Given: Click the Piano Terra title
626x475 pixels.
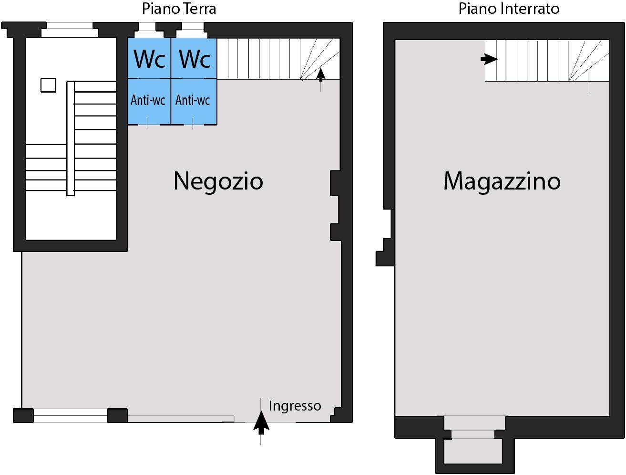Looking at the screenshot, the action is pyautogui.click(x=179, y=9).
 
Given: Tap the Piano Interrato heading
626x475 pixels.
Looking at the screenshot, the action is pyautogui.click(x=509, y=9).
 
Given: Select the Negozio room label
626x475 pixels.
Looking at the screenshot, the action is pyautogui.click(x=218, y=181).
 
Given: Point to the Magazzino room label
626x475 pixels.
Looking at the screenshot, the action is pyautogui.click(x=502, y=181).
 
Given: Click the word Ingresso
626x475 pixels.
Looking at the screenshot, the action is pyautogui.click(x=295, y=406).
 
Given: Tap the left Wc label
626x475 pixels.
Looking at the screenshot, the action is pyautogui.click(x=149, y=59).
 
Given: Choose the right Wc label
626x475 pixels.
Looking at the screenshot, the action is pyautogui.click(x=195, y=59).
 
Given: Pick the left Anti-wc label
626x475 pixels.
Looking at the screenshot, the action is pyautogui.click(x=148, y=100).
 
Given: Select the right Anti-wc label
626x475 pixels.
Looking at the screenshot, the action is pyautogui.click(x=193, y=100).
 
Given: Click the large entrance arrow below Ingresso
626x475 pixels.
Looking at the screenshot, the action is pyautogui.click(x=261, y=423).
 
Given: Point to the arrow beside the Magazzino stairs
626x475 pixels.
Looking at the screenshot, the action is pyautogui.click(x=489, y=59).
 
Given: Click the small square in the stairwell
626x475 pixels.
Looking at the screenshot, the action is pyautogui.click(x=48, y=85).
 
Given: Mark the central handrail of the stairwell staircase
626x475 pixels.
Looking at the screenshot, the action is pyautogui.click(x=71, y=138).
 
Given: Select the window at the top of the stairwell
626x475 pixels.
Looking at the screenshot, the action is pyautogui.click(x=70, y=30).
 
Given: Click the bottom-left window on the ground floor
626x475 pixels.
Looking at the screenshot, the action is pyautogui.click(x=70, y=416).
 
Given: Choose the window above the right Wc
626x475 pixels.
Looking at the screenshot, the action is pyautogui.click(x=192, y=30).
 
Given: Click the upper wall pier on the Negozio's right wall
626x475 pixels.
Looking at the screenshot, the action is pyautogui.click(x=335, y=183).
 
